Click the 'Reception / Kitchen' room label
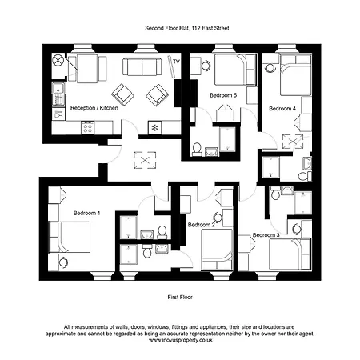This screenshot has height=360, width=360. pos(94,107)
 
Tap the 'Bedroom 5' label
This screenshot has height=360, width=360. pos(223,95)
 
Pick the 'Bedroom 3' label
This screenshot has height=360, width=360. pos(265,235)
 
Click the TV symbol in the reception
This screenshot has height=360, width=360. pos(176,62)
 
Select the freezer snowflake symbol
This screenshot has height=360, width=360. pos(155,128)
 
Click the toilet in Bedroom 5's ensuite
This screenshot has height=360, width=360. pos(197,148)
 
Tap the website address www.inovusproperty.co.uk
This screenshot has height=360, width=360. pos(180,339)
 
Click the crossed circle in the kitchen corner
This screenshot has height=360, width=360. pos(57,61)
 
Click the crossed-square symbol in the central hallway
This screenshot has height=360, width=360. pos(145,160)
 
